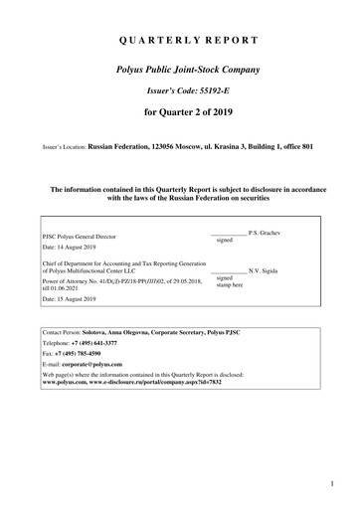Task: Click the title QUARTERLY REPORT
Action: pos(180,41)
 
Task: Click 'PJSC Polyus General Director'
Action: pos(87,236)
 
